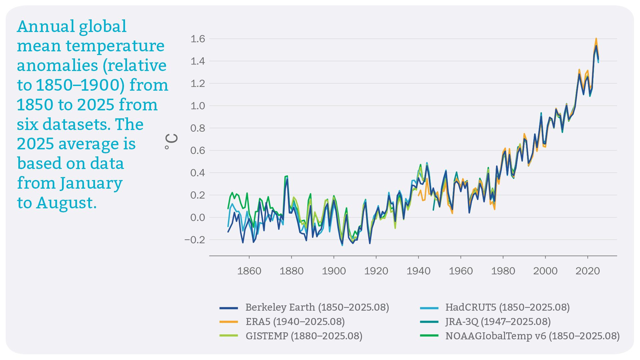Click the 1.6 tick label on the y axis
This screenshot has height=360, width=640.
click(x=198, y=39)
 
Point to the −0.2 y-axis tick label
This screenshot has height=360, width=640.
click(x=195, y=240)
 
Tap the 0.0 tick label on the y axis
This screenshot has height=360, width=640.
click(x=198, y=218)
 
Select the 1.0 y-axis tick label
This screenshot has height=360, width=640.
click(x=198, y=106)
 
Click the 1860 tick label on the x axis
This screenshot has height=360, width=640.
click(x=249, y=271)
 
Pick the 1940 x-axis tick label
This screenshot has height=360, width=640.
click(x=418, y=271)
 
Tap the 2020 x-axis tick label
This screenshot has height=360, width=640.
click(x=587, y=271)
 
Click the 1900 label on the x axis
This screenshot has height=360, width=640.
click(x=334, y=271)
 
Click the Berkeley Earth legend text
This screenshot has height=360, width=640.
click(x=317, y=307)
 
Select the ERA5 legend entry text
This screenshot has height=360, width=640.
click(x=295, y=322)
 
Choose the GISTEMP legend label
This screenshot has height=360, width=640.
click(x=304, y=336)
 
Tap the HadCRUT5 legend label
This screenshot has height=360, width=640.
click(x=507, y=307)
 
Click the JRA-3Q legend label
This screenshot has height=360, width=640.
click(x=498, y=322)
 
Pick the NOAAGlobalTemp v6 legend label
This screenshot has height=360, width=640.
click(x=532, y=336)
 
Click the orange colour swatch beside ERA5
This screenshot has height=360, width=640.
click(x=229, y=322)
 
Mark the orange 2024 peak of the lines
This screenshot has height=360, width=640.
click(x=596, y=39)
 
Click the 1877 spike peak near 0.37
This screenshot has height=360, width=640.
click(x=286, y=176)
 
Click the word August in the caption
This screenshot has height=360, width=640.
click(x=66, y=203)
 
